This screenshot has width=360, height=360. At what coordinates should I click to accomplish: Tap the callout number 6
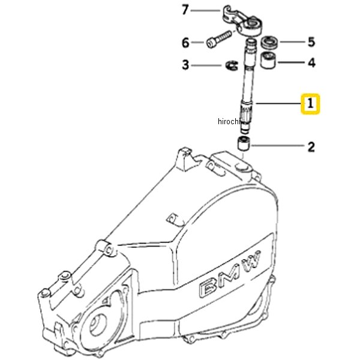point(185,43)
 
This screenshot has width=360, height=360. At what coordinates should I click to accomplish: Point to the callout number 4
point(311,62)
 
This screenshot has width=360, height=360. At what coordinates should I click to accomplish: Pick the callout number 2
point(311,146)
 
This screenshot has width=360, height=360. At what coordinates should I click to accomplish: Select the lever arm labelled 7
point(245,19)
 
